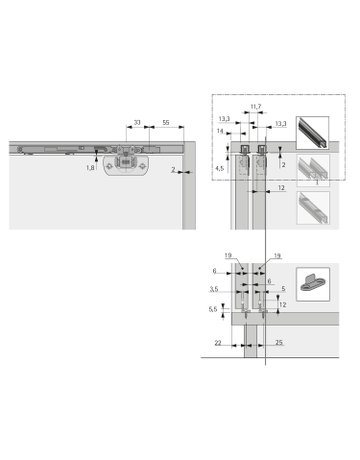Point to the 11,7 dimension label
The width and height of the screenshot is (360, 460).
[x=255, y=106]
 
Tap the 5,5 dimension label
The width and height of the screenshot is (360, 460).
[x=213, y=311]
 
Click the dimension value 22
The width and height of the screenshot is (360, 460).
[x=219, y=343]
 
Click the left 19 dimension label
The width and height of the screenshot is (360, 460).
[x=229, y=256]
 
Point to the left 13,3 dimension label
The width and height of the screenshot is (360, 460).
[x=222, y=119]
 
